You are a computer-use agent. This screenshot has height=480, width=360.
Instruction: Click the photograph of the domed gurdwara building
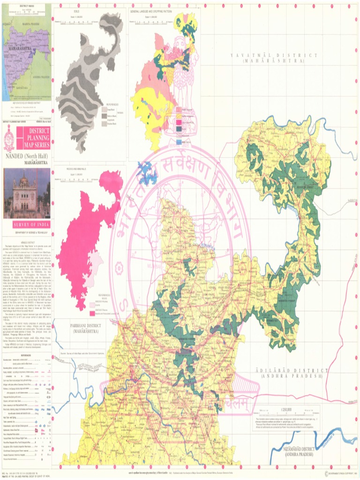[x=26, y=193]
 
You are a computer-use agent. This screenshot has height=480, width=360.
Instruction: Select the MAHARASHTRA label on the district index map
[x=19, y=48]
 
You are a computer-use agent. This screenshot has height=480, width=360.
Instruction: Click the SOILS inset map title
[x=76, y=10]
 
